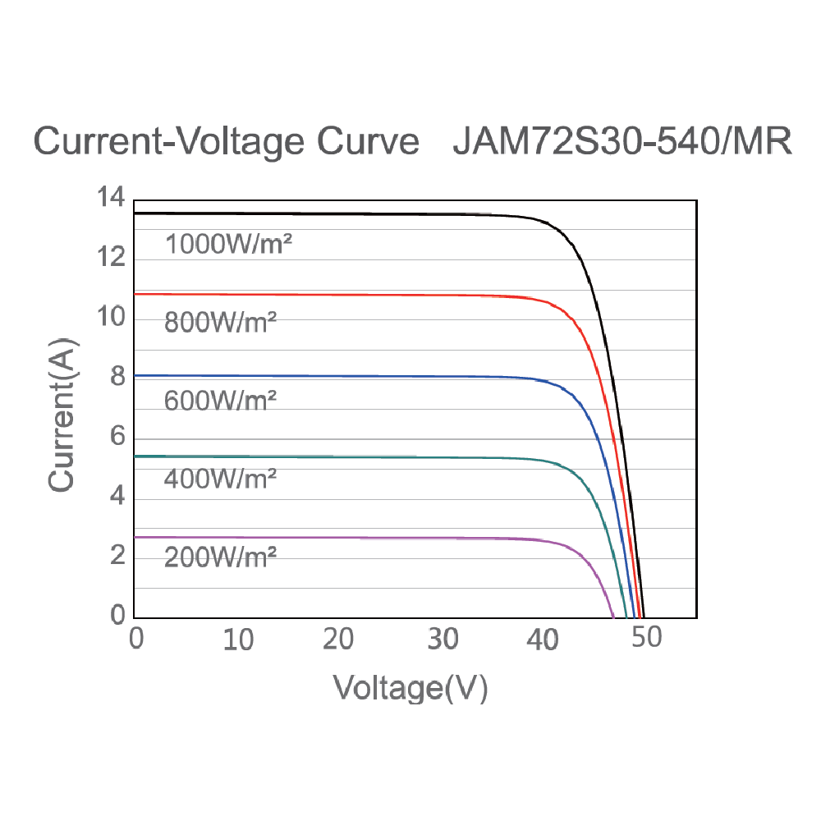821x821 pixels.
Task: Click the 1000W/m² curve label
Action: pyautogui.click(x=229, y=244)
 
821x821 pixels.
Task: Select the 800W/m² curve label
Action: pyautogui.click(x=220, y=322)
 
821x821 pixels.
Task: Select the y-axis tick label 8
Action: pyautogui.click(x=117, y=378)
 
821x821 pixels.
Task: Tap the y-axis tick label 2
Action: pyautogui.click(x=117, y=557)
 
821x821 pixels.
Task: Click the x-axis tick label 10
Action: pyautogui.click(x=238, y=640)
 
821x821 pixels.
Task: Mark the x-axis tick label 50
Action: pyautogui.click(x=646, y=638)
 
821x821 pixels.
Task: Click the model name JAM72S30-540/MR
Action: pyautogui.click(x=621, y=142)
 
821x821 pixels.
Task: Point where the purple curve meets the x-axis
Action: pyautogui.click(x=613, y=617)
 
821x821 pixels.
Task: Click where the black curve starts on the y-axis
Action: pyautogui.click(x=135, y=213)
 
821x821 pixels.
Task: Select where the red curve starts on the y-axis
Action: pyautogui.click(x=135, y=294)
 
